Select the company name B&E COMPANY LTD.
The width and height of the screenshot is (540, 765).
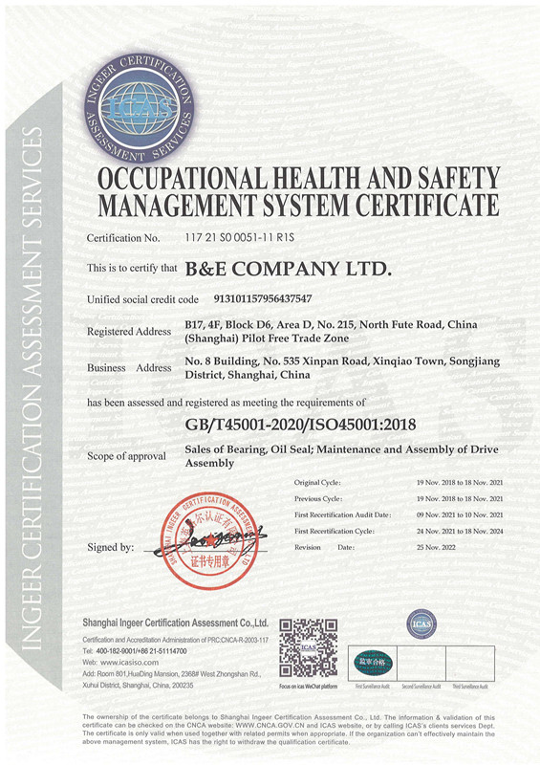pos(288,270)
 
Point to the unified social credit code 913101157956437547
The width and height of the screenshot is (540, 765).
pos(248,299)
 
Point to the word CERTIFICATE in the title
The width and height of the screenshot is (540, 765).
pos(427,205)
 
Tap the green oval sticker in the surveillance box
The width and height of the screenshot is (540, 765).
pos(369,661)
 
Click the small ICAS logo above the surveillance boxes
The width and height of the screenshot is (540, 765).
pos(421,624)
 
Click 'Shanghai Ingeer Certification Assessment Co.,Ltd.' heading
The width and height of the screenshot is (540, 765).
pos(175,622)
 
